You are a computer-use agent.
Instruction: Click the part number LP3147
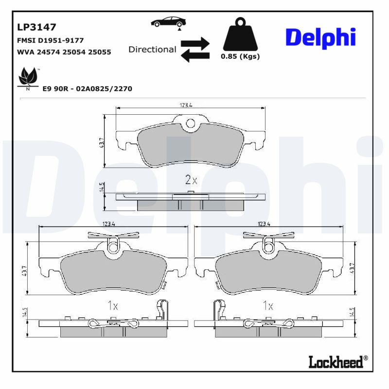coord(37,27)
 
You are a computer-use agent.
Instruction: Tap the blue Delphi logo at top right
coord(320,37)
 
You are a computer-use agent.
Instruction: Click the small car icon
coord(168,22)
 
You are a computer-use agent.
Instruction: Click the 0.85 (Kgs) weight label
coord(240,56)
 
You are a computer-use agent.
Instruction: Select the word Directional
coord(152,49)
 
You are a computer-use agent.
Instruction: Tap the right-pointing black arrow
coord(195,42)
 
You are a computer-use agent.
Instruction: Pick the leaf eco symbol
coord(28,78)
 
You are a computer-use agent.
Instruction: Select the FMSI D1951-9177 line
coord(51,40)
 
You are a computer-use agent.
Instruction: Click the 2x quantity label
coord(191,180)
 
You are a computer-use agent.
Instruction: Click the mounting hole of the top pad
coord(191,124)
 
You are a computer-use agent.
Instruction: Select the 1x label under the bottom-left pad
coord(112,306)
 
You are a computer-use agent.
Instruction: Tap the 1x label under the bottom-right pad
coord(267,306)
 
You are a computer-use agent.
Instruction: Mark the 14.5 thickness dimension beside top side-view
coord(102,188)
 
